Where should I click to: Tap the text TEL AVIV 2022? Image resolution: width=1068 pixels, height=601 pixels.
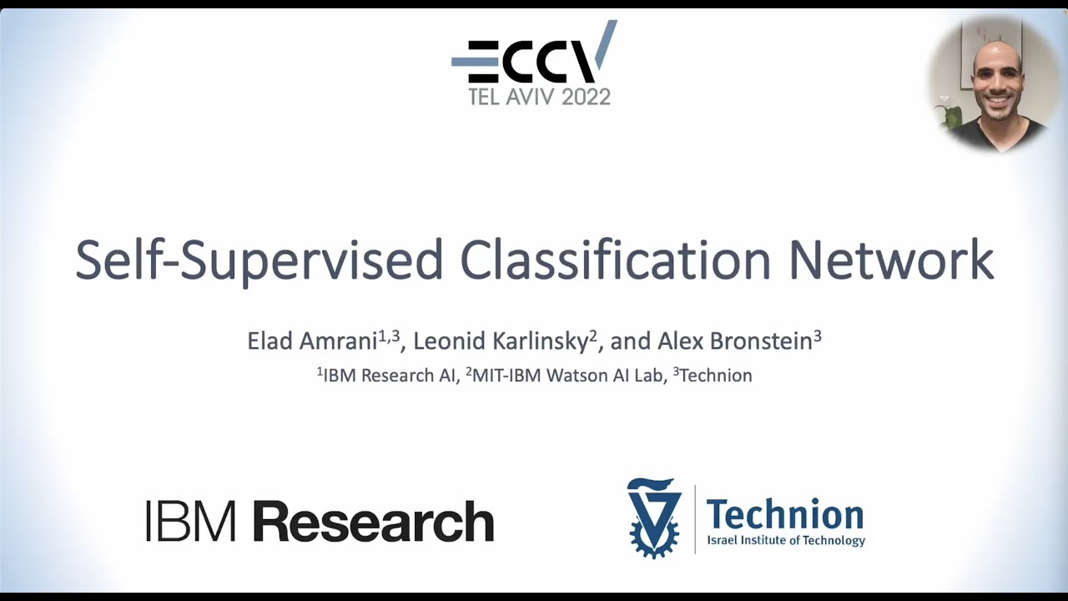(539, 97)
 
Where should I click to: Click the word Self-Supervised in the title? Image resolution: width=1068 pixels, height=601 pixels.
(259, 260)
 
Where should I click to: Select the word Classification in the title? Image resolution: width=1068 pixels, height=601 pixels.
(616, 260)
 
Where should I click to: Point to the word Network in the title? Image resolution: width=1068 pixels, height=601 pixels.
(891, 260)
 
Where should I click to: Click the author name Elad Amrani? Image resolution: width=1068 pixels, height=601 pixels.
(313, 341)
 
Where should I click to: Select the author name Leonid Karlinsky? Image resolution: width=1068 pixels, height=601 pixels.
(501, 341)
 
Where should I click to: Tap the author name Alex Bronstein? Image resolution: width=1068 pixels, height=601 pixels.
(734, 341)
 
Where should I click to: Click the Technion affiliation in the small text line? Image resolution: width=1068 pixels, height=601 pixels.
(716, 376)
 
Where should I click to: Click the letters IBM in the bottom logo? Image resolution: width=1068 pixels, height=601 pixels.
(191, 521)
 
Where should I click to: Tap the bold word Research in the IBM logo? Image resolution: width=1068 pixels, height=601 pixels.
(373, 521)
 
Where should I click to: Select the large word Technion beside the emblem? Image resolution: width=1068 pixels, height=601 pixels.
(784, 514)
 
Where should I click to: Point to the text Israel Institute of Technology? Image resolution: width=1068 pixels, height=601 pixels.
(786, 541)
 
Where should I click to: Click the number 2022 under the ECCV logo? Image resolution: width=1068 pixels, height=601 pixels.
(586, 97)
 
